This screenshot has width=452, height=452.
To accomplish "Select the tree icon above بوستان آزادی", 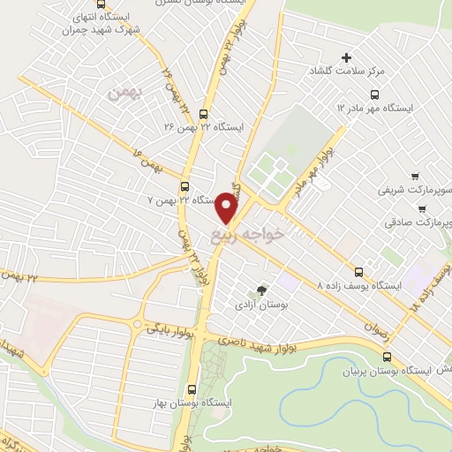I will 261,290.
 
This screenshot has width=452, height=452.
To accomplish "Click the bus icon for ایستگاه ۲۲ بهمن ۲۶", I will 204,114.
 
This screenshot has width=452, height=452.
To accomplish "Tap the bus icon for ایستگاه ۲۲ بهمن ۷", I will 185,186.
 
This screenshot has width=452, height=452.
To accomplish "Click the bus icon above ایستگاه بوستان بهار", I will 193,389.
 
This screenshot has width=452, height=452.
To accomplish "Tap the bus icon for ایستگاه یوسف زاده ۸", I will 358,272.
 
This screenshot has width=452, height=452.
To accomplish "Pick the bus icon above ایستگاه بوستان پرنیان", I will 388,357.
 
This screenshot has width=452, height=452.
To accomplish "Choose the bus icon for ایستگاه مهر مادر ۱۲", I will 374,94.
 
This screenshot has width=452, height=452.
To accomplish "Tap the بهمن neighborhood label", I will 117,91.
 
